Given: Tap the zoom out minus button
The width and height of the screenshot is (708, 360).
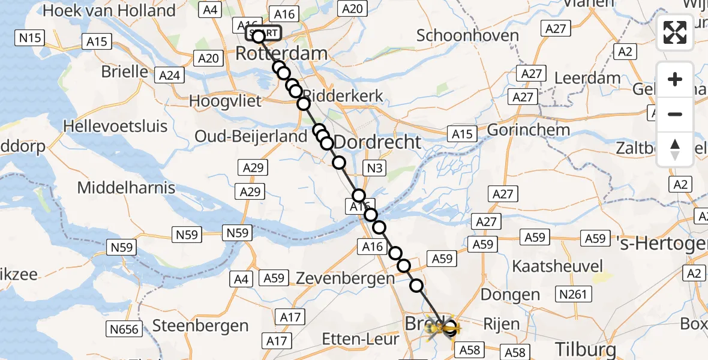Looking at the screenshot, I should click(x=675, y=114).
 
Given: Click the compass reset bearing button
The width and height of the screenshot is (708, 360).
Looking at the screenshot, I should click(x=675, y=149).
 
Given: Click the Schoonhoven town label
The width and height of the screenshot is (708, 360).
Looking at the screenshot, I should click(x=467, y=35).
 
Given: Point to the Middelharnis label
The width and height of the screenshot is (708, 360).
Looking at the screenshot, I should click(x=126, y=188).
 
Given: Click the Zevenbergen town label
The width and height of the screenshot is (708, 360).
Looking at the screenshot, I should click(x=345, y=278).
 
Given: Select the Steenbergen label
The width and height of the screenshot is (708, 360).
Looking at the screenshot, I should click(x=200, y=326).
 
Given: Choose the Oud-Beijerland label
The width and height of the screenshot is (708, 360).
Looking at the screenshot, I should click(x=251, y=137).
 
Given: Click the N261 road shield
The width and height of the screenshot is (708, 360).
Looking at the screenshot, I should click(x=574, y=294).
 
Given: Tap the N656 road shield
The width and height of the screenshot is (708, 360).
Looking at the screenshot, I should click(x=124, y=329).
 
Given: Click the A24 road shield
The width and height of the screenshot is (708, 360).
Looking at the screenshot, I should click(x=169, y=76).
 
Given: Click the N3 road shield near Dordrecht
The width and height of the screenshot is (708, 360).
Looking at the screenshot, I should click(x=374, y=169).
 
